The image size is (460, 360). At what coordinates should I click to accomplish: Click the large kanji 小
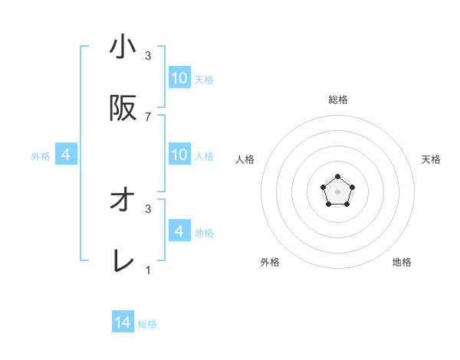pyautogui.click(x=123, y=48)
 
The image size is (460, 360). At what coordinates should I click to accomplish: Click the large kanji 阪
pyautogui.click(x=123, y=110)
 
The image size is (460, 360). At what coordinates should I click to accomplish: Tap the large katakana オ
pyautogui.click(x=123, y=201)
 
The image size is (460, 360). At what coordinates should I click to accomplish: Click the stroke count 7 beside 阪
pyautogui.click(x=148, y=116)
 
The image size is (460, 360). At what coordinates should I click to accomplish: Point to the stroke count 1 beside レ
pyautogui.click(x=148, y=270)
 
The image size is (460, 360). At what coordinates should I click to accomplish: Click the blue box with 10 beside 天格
pyautogui.click(x=179, y=78)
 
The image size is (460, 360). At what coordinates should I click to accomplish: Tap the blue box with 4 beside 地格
pyautogui.click(x=179, y=231)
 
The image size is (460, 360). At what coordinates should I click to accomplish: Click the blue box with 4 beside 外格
pyautogui.click(x=66, y=155)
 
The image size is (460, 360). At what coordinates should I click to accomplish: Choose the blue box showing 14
pyautogui.click(x=123, y=323)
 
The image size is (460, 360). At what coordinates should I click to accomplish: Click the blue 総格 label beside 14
pyautogui.click(x=147, y=324)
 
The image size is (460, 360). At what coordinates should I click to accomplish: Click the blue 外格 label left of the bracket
pyautogui.click(x=41, y=156)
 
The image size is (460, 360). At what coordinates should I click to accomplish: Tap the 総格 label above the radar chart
pyautogui.click(x=338, y=100)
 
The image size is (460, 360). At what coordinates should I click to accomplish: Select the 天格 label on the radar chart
pyautogui.click(x=431, y=159)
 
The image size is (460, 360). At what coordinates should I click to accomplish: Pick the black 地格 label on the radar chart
pyautogui.click(x=402, y=262)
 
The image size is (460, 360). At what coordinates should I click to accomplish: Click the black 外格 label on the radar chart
pyautogui.click(x=270, y=262)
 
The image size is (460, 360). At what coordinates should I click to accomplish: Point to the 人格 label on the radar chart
pyautogui.click(x=245, y=159)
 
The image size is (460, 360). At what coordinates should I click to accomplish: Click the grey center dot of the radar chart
pyautogui.click(x=337, y=191)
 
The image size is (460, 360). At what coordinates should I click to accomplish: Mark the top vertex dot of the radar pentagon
pyautogui.click(x=337, y=177)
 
